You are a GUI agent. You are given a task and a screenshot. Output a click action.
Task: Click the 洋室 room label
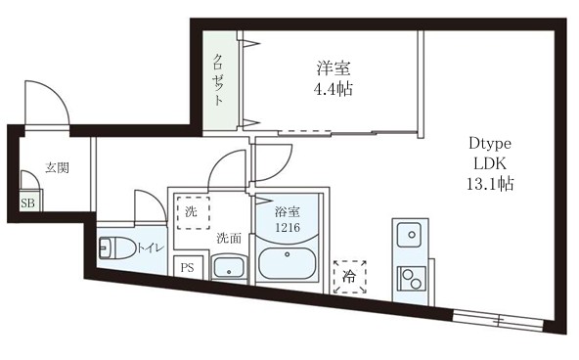point(334,68)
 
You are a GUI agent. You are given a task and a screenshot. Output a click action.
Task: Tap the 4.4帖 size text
point(334,89)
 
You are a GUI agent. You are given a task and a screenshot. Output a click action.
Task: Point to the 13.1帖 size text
point(490,183)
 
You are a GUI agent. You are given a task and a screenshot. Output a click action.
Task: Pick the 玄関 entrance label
point(57,167)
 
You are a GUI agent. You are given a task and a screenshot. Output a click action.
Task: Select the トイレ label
point(149,247)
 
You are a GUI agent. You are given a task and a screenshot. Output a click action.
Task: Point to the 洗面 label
point(229,238)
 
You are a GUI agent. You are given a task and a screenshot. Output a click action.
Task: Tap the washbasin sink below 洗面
point(230,266)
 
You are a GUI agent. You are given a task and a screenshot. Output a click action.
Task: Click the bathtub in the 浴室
point(289,266)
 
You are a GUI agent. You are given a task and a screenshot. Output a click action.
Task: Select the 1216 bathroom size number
point(288,228)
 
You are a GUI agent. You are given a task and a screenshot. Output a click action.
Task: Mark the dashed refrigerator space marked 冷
point(349,277)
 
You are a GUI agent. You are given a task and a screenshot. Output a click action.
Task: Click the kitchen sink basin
point(409,235)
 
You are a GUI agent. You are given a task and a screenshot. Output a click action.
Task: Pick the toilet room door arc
point(147,207)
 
